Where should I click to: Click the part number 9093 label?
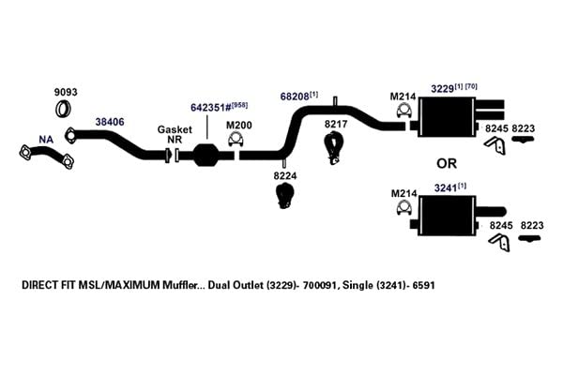click(66, 92)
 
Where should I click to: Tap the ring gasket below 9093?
click(63, 109)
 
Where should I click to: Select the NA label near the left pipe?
click(46, 140)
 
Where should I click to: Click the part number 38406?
click(110, 122)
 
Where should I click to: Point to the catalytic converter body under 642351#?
click(205, 155)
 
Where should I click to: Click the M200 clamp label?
click(238, 126)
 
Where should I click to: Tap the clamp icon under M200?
click(236, 140)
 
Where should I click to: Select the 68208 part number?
click(295, 97)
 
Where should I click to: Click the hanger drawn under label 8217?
click(334, 148)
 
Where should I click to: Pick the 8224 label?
click(285, 176)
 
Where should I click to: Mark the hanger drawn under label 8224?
click(284, 195)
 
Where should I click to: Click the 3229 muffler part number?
click(442, 89)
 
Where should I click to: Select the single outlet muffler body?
click(448, 216)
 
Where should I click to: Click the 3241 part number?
click(446, 188)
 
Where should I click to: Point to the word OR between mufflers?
click(447, 164)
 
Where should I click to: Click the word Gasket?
click(175, 129)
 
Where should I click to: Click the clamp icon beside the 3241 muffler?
click(403, 207)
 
